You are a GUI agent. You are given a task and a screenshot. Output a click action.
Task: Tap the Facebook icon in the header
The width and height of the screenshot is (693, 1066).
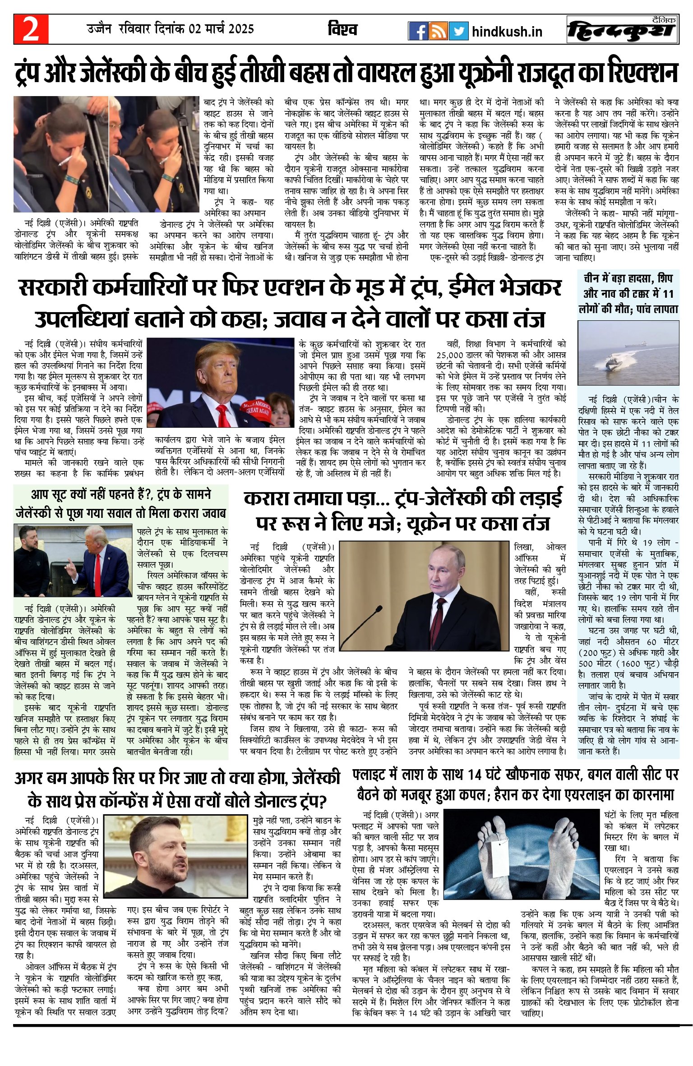[x=418, y=31]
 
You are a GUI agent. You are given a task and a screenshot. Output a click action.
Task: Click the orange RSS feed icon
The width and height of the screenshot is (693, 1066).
[x=438, y=31]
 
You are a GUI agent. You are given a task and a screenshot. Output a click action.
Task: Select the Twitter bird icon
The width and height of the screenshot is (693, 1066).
[x=458, y=31]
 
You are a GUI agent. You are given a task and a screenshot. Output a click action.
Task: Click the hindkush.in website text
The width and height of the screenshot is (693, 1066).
[x=507, y=32]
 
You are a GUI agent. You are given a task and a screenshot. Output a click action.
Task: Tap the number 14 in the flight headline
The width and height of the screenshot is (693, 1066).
[x=475, y=775]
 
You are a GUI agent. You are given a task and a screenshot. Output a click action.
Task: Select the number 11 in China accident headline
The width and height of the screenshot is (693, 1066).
[x=668, y=294]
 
